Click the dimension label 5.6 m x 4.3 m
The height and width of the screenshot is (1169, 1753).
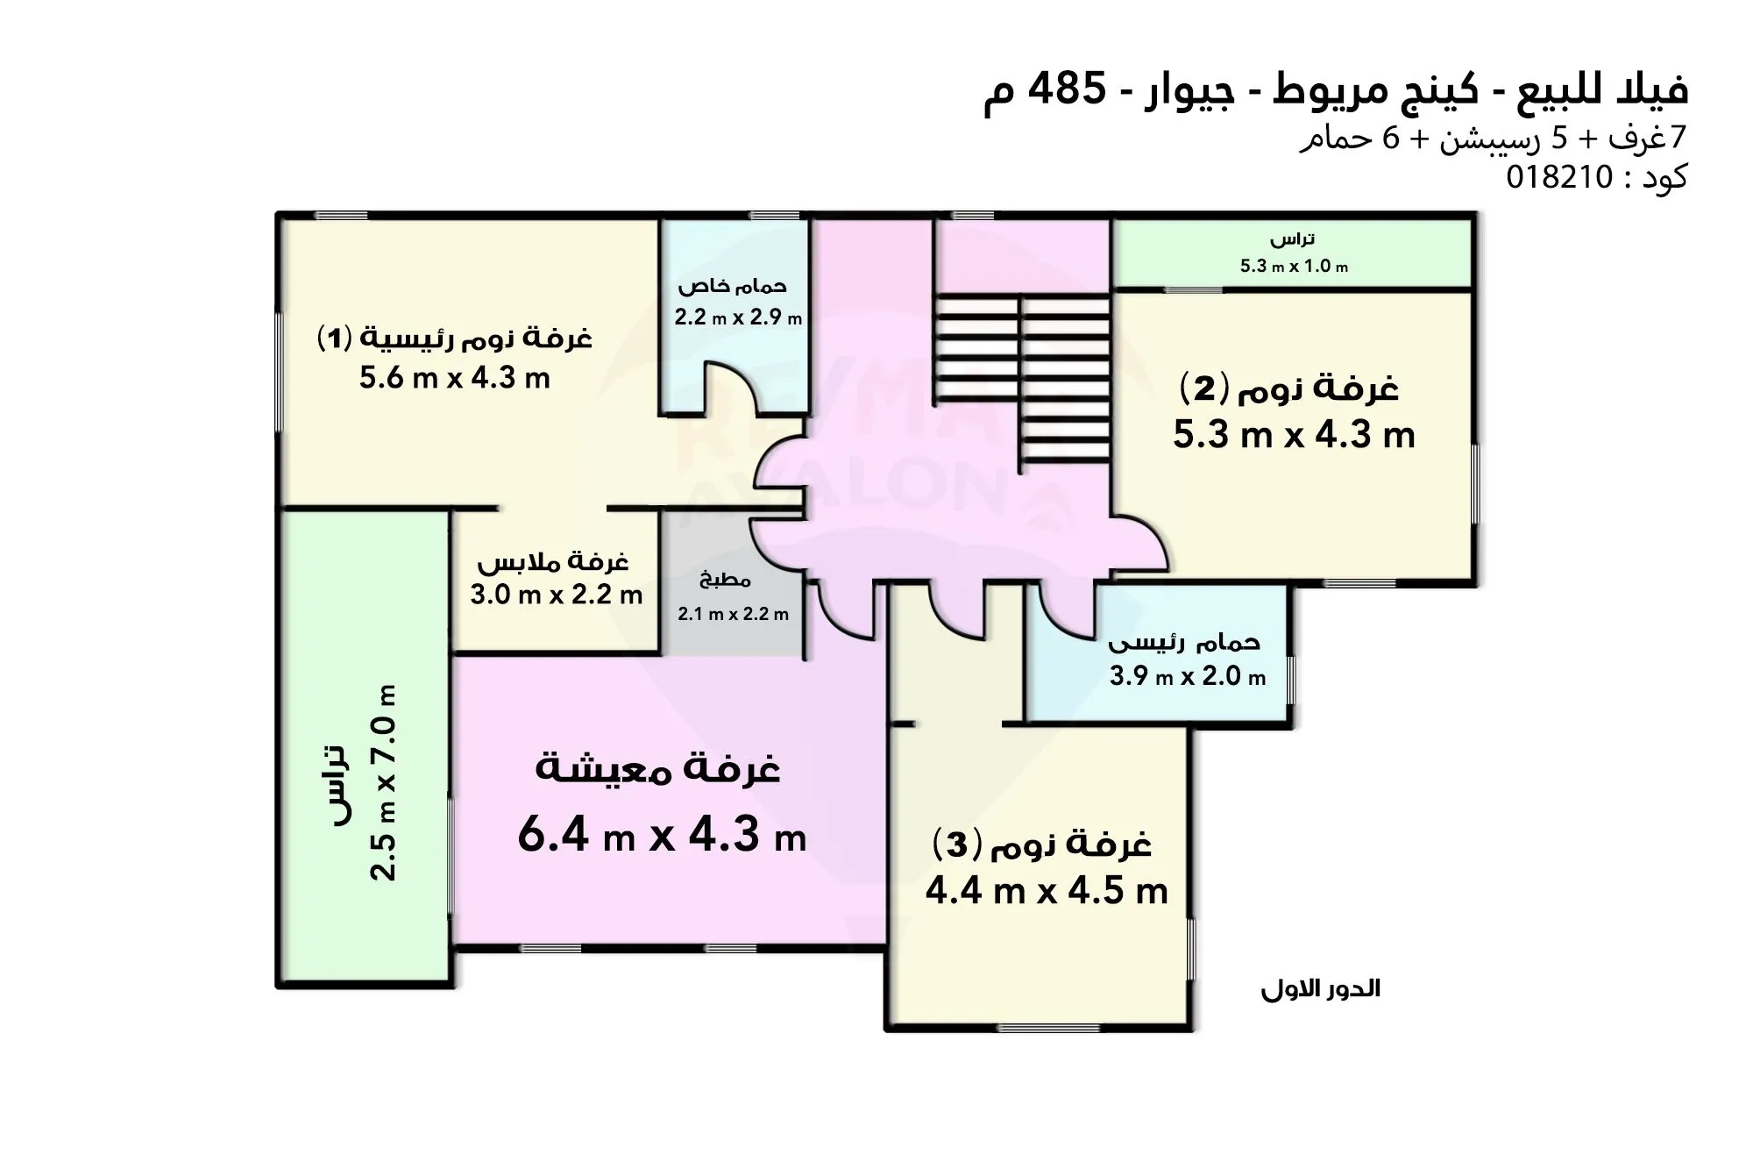(x=454, y=378)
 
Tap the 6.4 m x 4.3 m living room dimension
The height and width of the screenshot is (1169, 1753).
(x=661, y=835)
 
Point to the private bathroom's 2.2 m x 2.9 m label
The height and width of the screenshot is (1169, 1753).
(x=737, y=317)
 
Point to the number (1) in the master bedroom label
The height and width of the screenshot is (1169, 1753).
(x=334, y=338)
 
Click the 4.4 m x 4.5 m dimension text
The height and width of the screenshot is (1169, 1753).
(x=1047, y=892)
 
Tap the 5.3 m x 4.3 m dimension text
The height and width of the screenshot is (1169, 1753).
(x=1294, y=435)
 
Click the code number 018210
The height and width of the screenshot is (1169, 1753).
(x=1559, y=178)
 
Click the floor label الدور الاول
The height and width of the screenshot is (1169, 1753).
(x=1320, y=990)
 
